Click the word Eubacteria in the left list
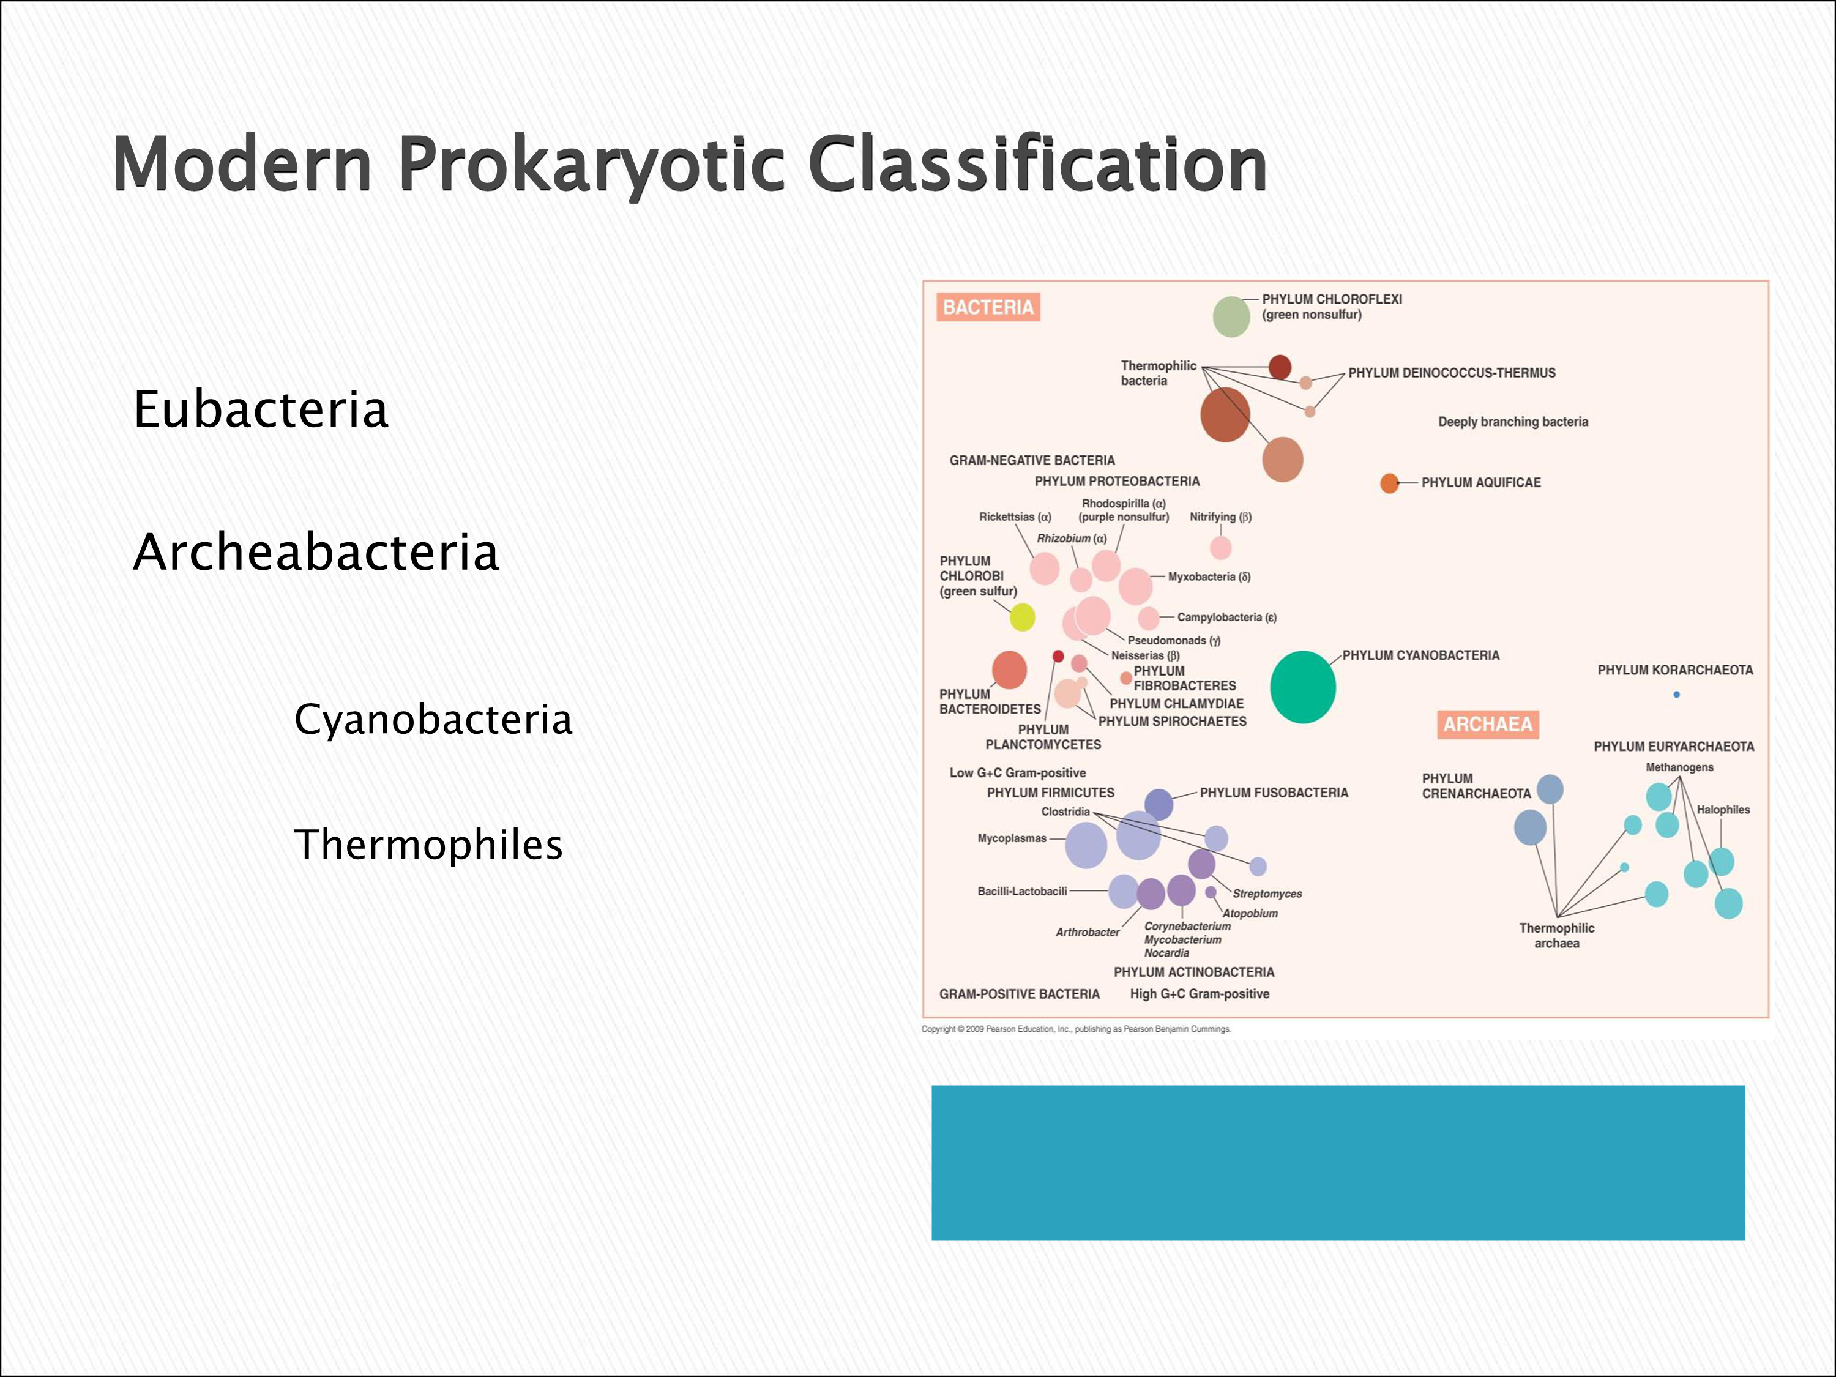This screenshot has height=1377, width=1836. point(261,409)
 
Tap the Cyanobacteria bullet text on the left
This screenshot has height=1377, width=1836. point(433,719)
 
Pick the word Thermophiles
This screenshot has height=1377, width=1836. point(428,845)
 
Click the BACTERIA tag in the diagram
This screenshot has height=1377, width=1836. point(988,307)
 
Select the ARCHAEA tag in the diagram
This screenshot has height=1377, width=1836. point(1487,725)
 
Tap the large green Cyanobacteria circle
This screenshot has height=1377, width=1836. point(1302,687)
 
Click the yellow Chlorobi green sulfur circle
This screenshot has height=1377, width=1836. point(1022,617)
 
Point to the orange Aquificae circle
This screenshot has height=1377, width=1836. point(1389,483)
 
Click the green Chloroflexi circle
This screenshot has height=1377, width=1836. point(1231,316)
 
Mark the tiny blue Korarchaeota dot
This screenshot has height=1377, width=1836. point(1676,695)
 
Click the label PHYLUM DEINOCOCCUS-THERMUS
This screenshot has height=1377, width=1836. point(1451,373)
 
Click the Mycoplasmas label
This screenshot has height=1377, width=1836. point(1011,838)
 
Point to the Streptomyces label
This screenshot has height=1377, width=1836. point(1267,894)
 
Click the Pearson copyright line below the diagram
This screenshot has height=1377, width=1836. point(1076,1029)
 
